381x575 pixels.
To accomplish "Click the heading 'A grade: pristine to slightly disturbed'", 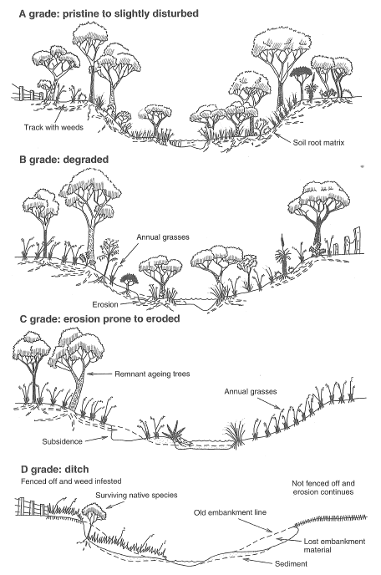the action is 109,14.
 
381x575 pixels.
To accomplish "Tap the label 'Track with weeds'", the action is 53,127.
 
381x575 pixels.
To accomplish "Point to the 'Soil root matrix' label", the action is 318,143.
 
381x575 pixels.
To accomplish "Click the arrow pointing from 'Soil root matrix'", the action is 282,138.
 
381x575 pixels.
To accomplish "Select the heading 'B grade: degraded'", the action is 64,160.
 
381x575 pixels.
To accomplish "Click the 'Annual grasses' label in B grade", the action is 163,237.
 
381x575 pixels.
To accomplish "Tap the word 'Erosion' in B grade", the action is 105,304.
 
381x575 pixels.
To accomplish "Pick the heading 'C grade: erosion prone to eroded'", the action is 99,318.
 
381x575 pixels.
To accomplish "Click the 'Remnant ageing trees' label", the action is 152,374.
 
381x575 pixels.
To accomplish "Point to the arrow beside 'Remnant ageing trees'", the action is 99,374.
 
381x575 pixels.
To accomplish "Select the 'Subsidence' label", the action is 62,441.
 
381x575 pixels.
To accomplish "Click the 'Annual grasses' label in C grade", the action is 251,392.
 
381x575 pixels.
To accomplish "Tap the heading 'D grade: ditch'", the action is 54,470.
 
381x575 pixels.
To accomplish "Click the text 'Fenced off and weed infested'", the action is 71,481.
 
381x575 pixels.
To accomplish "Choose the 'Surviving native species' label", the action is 136,496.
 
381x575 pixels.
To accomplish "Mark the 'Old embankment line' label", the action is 230,512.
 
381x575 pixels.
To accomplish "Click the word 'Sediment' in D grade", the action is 291,563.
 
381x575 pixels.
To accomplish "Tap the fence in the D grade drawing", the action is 32,506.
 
